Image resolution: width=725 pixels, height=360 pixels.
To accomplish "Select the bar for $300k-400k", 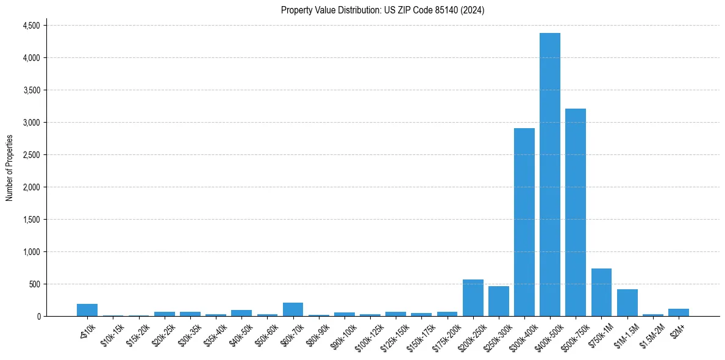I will (524, 222).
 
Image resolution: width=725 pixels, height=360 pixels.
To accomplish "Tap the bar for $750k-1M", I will (601, 292).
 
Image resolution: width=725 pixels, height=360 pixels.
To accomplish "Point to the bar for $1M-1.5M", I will (627, 303).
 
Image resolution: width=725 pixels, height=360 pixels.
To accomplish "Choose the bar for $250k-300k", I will (499, 301).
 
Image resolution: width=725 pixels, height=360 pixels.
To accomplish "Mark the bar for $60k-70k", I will (293, 309).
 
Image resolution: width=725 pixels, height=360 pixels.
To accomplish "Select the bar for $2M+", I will (679, 312).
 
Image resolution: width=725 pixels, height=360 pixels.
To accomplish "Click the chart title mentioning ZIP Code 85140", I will (382, 10).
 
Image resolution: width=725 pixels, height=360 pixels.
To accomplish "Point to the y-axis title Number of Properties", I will (10, 168).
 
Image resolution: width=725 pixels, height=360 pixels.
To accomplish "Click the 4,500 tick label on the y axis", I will (31, 26).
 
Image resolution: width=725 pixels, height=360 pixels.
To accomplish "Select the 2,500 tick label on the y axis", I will (31, 155).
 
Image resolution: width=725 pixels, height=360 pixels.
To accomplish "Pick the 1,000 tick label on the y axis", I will (31, 252).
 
